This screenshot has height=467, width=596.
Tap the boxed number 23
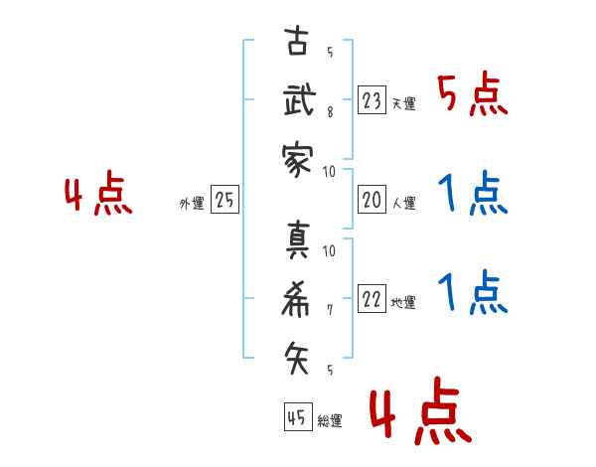point(372,100)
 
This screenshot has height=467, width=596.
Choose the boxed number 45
point(296,418)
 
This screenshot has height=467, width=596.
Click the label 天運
point(403,103)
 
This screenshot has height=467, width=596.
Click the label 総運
point(329,421)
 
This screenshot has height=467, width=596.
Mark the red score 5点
point(472,95)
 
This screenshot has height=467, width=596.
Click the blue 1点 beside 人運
point(472,195)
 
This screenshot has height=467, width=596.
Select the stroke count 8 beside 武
point(329,113)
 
